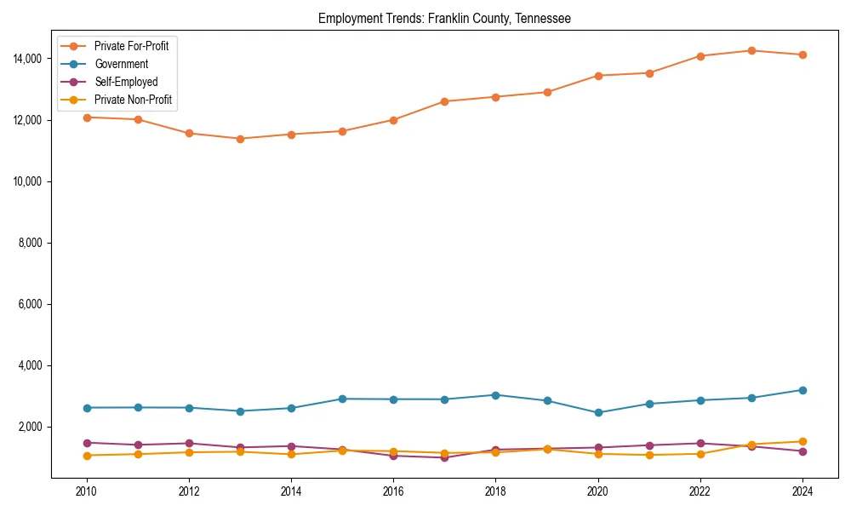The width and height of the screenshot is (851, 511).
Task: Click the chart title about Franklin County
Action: click(444, 18)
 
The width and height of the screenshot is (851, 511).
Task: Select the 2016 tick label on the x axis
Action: click(393, 491)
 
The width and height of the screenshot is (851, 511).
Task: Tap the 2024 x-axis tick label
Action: click(802, 491)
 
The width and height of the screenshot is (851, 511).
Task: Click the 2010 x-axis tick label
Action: click(86, 491)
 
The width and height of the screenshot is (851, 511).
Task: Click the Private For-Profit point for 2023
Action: click(751, 51)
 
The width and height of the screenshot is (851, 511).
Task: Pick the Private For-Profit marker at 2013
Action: click(240, 139)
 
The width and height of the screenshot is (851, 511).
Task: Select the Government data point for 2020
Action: click(598, 412)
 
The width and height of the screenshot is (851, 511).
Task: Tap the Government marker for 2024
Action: click(802, 390)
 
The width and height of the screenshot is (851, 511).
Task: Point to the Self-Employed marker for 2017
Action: click(444, 458)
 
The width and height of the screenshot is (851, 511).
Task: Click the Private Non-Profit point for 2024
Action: click(802, 442)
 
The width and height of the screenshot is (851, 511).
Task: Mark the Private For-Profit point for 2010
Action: click(86, 118)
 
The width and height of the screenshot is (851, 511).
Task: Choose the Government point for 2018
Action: click(495, 395)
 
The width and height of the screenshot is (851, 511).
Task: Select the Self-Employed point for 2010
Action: click(86, 443)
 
